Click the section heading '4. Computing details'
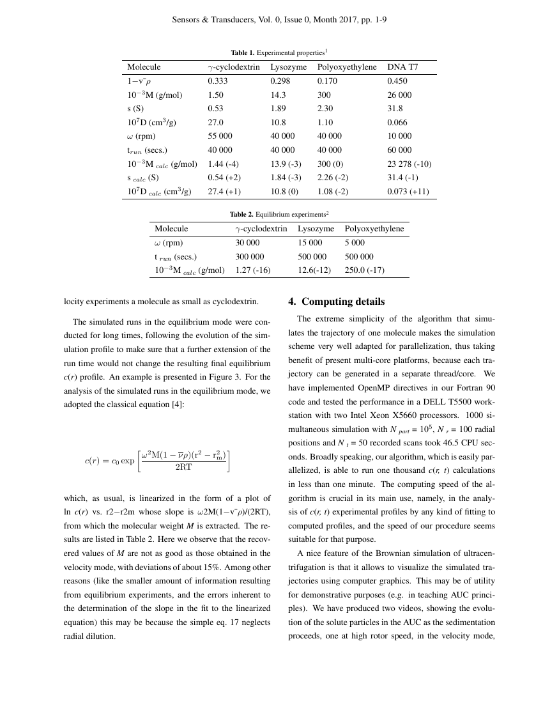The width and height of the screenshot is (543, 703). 344,302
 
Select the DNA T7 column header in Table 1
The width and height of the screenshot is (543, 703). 402,67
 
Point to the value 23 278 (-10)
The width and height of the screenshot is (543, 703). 409,164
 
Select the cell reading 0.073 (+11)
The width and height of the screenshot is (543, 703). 408,192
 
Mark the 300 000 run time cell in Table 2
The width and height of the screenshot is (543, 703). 249,257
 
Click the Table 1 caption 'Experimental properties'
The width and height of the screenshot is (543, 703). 279,52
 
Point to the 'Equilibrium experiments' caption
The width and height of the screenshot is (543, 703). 279,214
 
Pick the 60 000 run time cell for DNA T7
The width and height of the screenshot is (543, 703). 399,150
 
